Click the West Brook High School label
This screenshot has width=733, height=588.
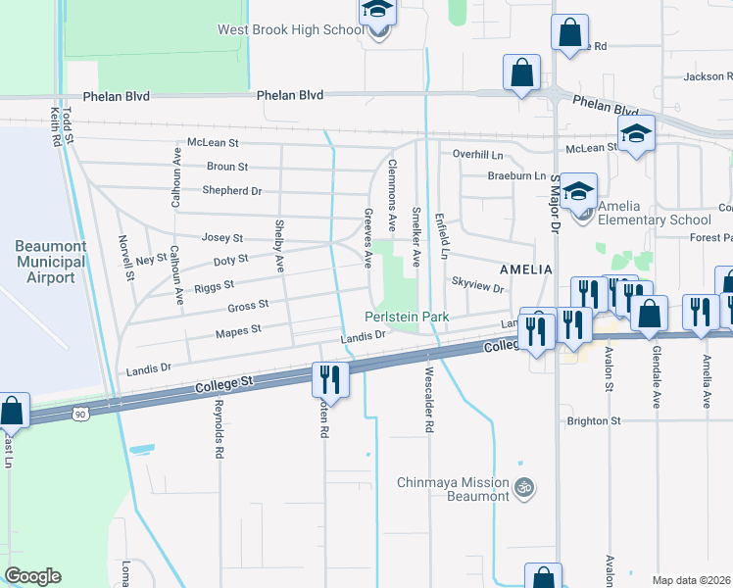[x=289, y=30]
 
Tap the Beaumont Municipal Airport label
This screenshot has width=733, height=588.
[x=44, y=262]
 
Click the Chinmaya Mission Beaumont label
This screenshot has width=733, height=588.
[x=454, y=489]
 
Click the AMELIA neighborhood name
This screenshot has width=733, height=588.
[x=526, y=269]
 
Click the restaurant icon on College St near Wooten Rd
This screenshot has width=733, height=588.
[x=330, y=379]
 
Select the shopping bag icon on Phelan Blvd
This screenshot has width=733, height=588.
[x=521, y=72]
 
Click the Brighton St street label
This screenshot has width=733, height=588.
[x=595, y=420]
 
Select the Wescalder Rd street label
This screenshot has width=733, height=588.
[x=428, y=401]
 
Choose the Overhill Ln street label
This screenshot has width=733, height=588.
[x=477, y=154]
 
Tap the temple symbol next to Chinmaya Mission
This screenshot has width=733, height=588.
[x=525, y=486]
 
